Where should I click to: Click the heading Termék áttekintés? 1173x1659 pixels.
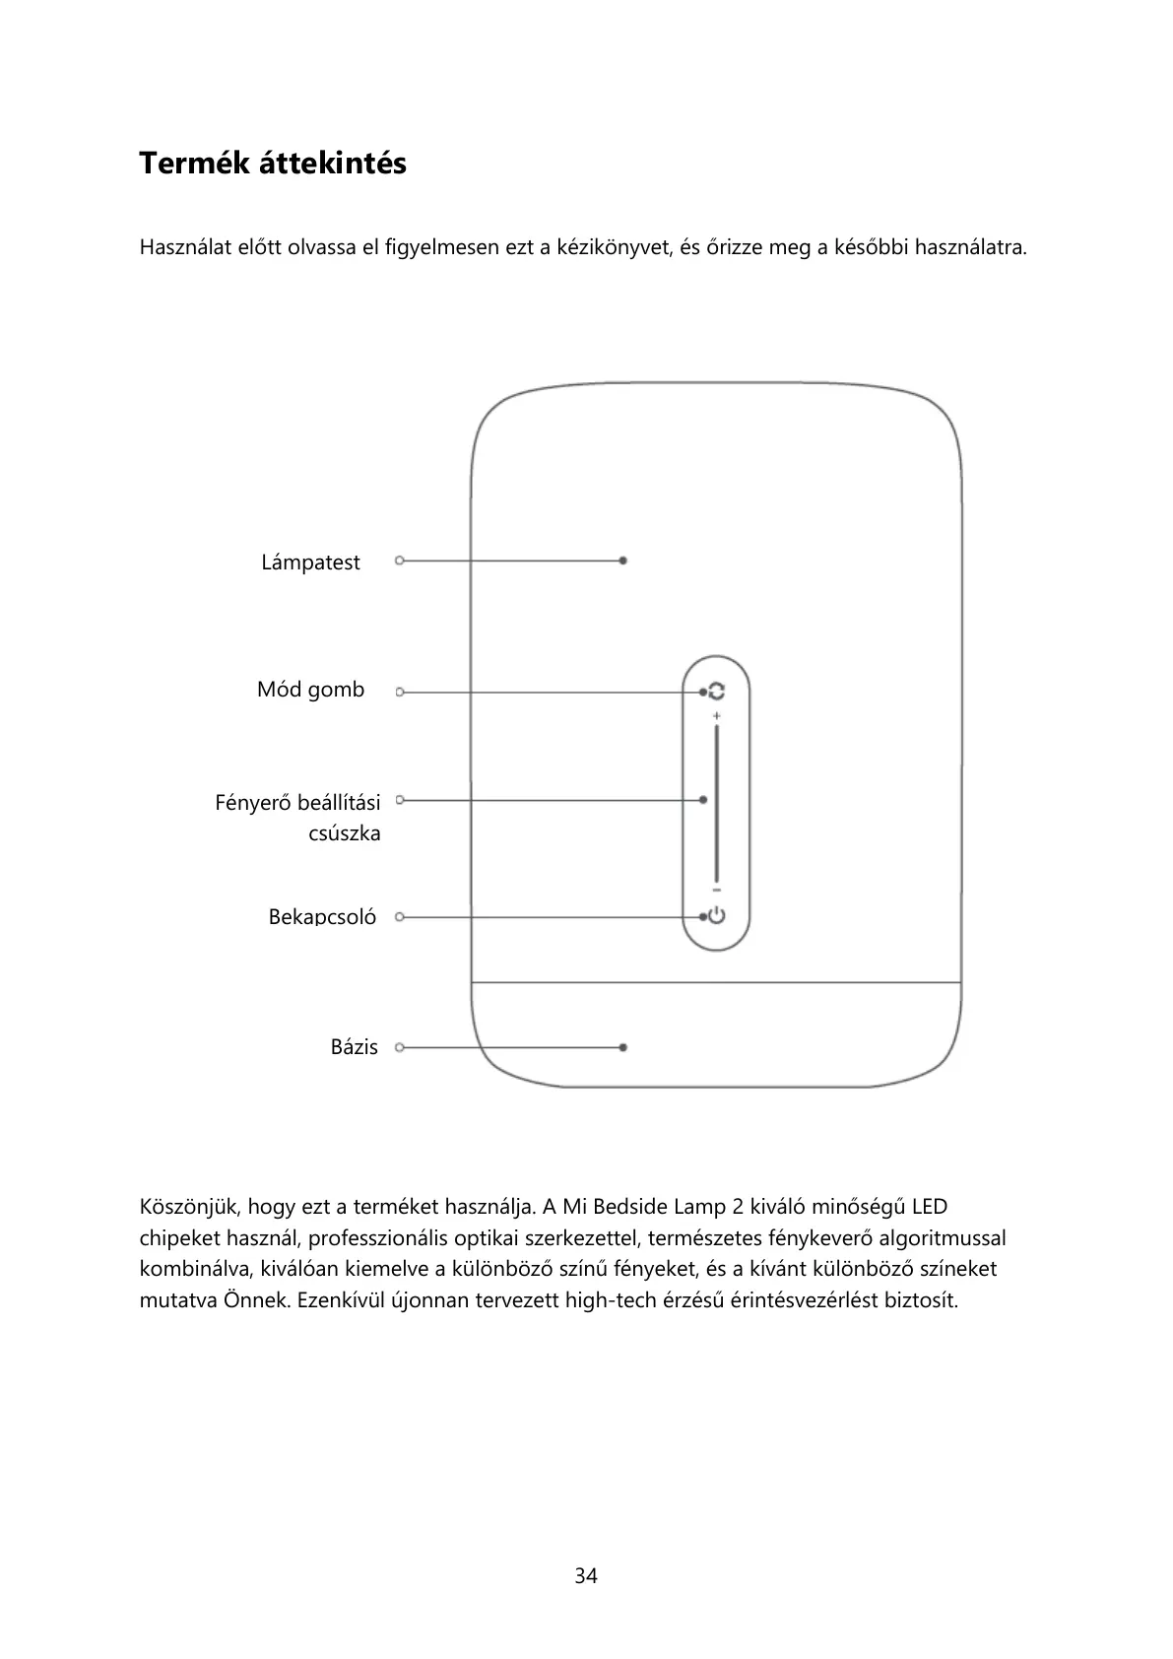tap(272, 163)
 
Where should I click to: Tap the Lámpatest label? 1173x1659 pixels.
tap(310, 563)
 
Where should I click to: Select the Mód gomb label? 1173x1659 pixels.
tap(310, 690)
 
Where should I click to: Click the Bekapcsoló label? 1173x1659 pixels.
tap(322, 917)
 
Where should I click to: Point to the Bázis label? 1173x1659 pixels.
tap(354, 1047)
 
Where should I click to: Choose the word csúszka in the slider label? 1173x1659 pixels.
tap(344, 833)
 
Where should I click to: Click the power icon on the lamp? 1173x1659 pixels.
tap(717, 916)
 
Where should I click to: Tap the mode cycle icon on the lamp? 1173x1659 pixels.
tap(717, 692)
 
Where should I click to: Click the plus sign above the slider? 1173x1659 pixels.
tap(717, 714)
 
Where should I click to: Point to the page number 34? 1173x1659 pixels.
tap(586, 1576)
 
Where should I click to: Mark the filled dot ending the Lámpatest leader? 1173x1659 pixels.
tap(623, 561)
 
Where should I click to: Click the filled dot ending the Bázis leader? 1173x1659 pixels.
tap(623, 1047)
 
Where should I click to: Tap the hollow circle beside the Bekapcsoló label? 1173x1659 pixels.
tap(400, 917)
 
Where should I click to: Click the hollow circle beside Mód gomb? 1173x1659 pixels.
tap(400, 693)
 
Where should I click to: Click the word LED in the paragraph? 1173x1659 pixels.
tap(930, 1207)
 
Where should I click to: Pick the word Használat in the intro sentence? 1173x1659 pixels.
tap(186, 247)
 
